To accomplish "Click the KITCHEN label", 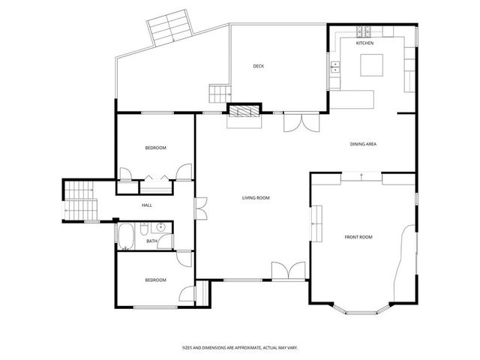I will (x=365, y=43).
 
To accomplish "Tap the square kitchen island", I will (x=372, y=66).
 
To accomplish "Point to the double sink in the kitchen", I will (x=334, y=69).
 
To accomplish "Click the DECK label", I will (x=258, y=66).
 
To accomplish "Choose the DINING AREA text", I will (x=363, y=143).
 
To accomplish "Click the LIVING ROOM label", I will (x=256, y=198).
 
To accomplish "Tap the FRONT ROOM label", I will (x=358, y=237).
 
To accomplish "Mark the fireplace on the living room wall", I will (x=244, y=112).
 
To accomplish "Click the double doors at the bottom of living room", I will (x=288, y=271).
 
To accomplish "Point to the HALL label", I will (x=147, y=205).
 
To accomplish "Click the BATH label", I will (x=152, y=241).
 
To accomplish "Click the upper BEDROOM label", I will (x=155, y=148).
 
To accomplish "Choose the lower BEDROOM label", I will (x=155, y=280).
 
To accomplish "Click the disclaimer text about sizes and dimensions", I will (x=239, y=347).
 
